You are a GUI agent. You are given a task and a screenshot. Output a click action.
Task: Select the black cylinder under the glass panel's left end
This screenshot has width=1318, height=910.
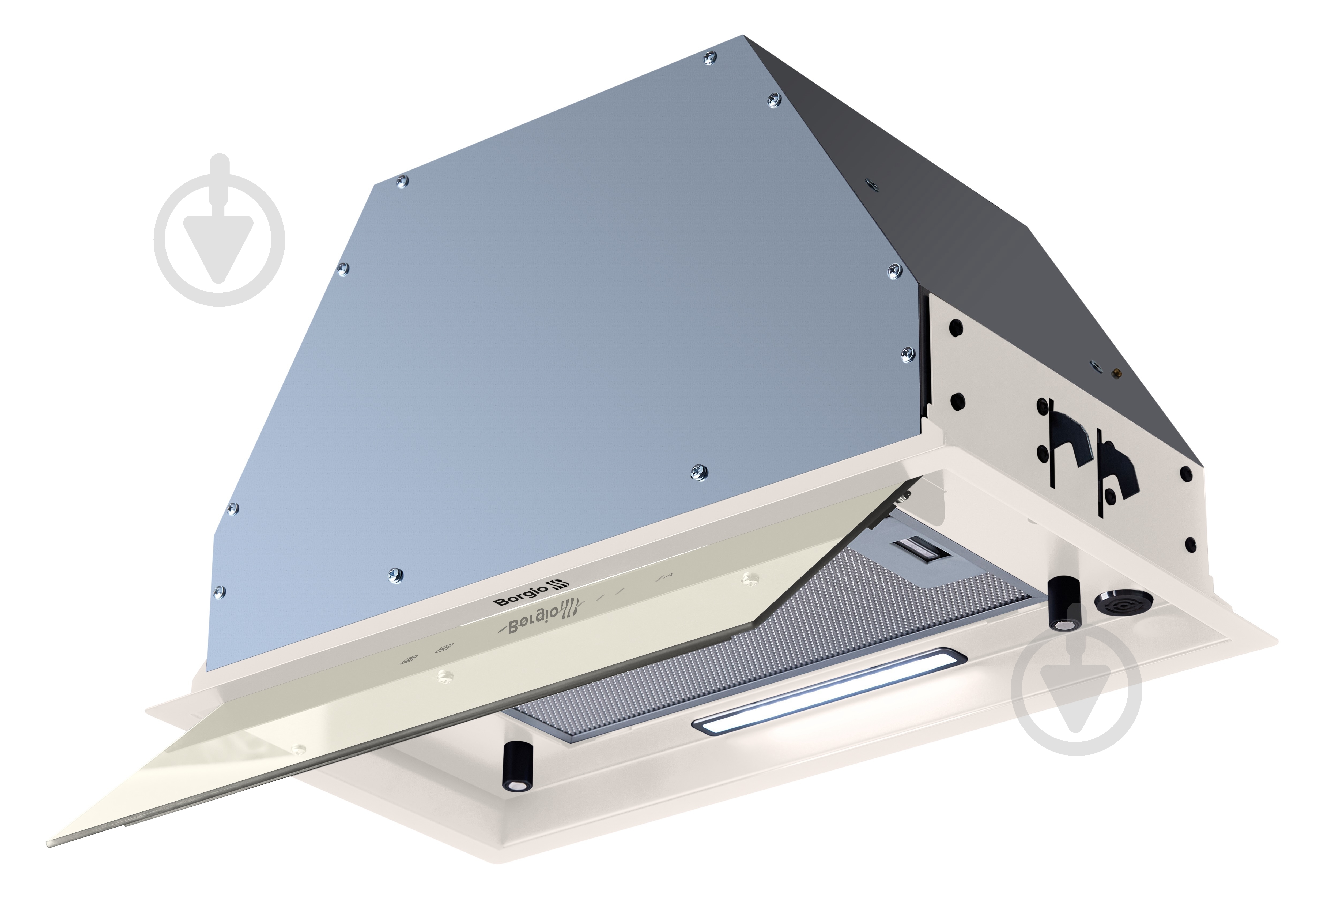coord(516,767)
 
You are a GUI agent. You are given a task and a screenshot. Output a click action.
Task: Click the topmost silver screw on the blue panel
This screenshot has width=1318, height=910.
coord(710,58)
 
